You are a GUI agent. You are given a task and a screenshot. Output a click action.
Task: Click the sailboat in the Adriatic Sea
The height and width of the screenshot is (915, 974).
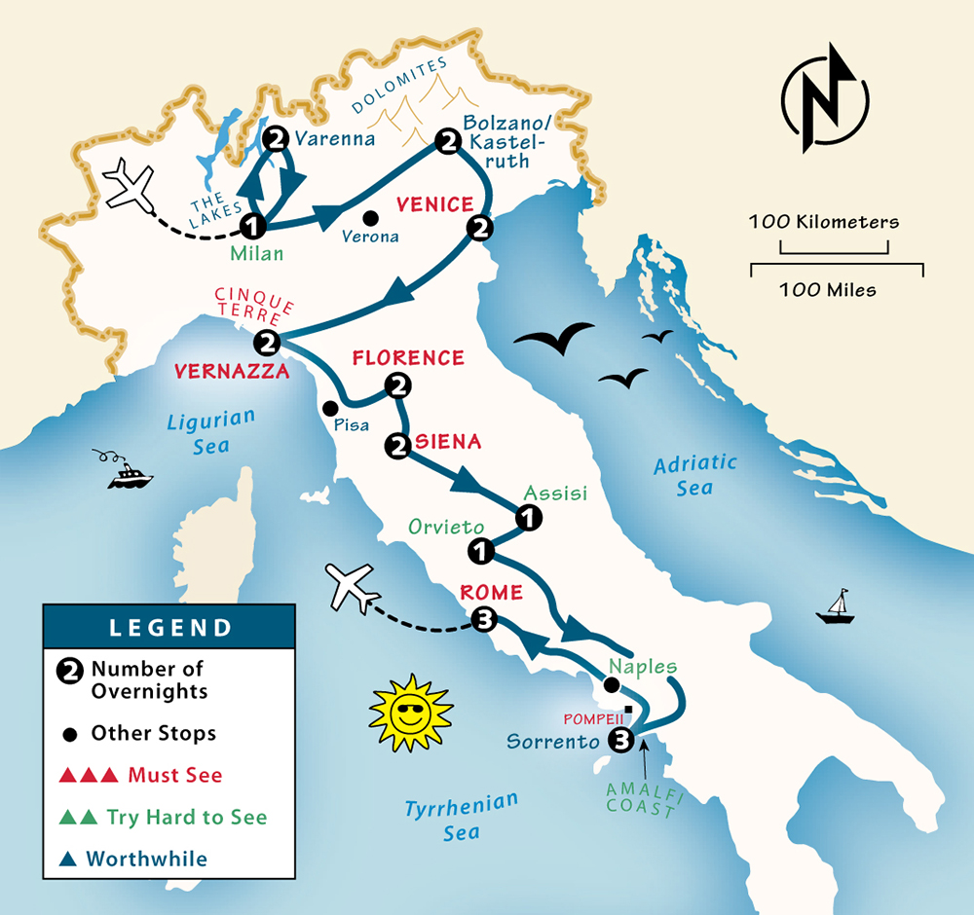coord(835,606)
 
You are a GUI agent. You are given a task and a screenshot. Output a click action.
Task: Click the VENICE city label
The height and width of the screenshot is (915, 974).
coord(433,205)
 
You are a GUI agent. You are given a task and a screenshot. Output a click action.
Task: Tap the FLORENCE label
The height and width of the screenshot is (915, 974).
coord(408,358)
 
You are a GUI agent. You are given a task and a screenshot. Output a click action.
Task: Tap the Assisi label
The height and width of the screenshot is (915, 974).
coord(556,494)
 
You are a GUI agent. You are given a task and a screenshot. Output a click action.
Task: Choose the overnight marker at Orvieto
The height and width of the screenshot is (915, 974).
coord(480,552)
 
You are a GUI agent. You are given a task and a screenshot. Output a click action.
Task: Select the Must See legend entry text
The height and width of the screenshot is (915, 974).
coord(175,776)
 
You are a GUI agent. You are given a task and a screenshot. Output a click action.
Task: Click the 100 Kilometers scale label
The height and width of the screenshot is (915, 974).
coord(824,222)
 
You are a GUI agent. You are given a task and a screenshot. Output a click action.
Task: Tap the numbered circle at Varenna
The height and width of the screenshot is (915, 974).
coord(277,138)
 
